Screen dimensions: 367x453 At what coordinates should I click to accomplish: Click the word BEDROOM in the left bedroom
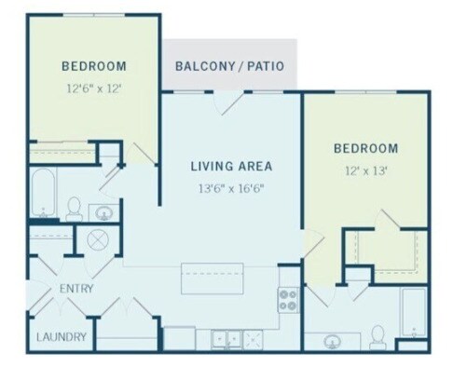93,66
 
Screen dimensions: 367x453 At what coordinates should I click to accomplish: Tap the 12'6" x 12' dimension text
93,88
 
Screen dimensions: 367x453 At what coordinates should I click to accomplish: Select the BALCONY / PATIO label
230,66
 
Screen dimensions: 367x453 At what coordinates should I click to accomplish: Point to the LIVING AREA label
231,167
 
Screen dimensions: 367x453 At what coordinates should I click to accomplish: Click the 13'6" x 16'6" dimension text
231,188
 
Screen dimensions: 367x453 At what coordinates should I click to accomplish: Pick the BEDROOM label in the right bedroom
366,148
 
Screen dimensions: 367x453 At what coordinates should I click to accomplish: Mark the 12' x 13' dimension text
366,170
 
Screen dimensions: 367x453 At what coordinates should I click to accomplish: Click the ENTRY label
76,289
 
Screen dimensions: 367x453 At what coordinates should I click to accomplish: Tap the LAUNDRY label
62,336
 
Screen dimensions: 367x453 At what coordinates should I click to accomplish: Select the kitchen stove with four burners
288,300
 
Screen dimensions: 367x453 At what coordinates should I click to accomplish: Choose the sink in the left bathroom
105,211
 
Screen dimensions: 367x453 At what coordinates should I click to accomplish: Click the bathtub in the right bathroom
413,311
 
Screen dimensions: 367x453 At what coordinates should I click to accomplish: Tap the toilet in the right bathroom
377,335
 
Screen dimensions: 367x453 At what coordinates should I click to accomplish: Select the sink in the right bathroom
333,341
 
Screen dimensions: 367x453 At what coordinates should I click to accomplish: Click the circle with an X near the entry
99,239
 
